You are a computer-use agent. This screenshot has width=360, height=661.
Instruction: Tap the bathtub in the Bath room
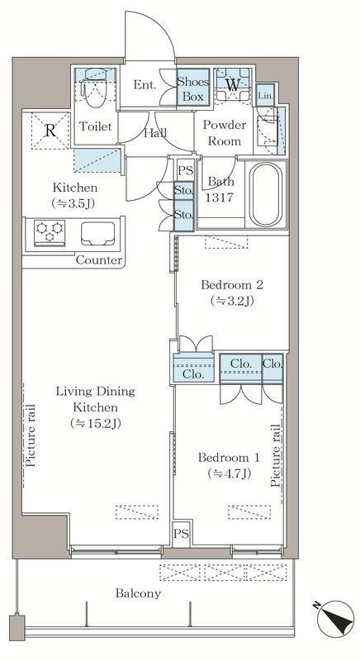pyautogui.click(x=266, y=194)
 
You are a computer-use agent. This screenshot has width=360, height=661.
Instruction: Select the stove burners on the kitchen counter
pyautogui.click(x=50, y=232)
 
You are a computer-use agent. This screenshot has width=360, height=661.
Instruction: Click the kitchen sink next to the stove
pyautogui.click(x=98, y=233)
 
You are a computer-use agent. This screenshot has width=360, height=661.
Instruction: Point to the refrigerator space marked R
pyautogui.click(x=50, y=131)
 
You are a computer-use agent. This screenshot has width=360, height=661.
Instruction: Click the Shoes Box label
pyautogui.click(x=193, y=89)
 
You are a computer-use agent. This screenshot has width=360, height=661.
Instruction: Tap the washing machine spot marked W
pyautogui.click(x=232, y=85)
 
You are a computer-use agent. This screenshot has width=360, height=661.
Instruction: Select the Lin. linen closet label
pyautogui.click(x=266, y=96)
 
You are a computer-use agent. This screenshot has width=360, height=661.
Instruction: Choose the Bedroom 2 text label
pyautogui.click(x=232, y=285)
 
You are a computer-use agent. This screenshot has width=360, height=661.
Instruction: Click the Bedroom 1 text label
pyautogui.click(x=229, y=458)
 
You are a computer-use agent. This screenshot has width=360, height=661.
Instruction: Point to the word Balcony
pyautogui.click(x=138, y=593)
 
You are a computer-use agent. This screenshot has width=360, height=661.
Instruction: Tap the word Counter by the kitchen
pyautogui.click(x=99, y=260)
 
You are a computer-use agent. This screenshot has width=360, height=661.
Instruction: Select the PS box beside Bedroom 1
pyautogui.click(x=182, y=534)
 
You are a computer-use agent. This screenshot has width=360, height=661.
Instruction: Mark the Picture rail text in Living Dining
pyautogui.click(x=31, y=435)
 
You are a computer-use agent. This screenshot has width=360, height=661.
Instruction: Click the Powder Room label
pyautogui.click(x=225, y=133)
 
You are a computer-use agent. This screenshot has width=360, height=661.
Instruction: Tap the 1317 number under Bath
pyautogui.click(x=220, y=197)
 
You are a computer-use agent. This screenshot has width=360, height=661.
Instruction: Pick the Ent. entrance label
pyautogui.click(x=144, y=85)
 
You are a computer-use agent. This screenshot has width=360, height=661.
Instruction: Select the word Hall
pyautogui.click(x=155, y=133)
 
